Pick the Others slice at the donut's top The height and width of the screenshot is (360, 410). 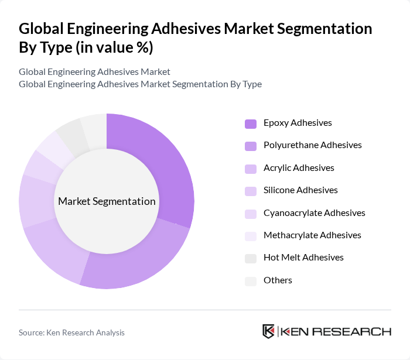click(94, 128)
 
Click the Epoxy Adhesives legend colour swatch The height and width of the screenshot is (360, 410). click(250, 124)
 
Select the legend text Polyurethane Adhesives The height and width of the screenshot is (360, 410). click(312, 145)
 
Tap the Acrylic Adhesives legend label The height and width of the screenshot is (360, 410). click(299, 167)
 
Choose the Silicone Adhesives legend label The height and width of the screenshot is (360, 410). click(300, 190)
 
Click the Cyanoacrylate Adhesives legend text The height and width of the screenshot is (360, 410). click(314, 212)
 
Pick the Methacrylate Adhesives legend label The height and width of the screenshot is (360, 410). click(312, 235)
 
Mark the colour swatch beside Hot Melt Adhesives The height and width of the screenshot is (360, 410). click(250, 258)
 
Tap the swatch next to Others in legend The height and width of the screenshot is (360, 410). click(250, 281)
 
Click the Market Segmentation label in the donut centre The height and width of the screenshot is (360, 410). click(107, 201)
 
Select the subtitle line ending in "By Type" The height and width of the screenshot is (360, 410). click(140, 84)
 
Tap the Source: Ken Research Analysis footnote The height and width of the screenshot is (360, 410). click(71, 332)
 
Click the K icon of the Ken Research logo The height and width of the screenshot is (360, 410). click(269, 331)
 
